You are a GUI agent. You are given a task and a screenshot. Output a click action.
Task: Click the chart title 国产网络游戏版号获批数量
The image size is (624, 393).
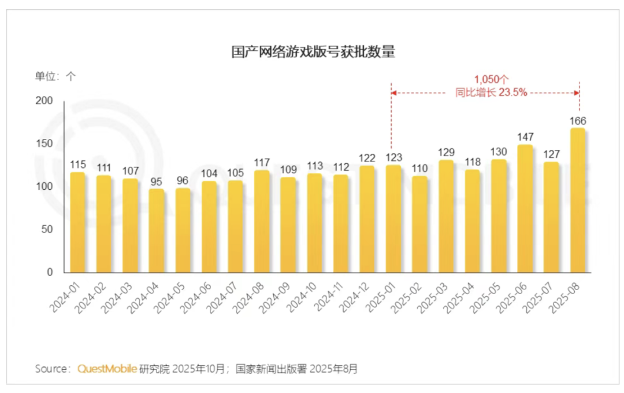point(313,52)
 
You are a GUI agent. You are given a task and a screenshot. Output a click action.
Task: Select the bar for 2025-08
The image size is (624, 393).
point(578,200)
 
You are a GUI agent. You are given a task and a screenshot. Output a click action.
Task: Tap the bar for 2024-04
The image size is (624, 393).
point(157,230)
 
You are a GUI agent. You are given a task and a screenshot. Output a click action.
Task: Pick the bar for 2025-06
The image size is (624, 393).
point(525,208)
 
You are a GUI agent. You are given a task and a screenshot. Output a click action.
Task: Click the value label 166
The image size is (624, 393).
point(578,121)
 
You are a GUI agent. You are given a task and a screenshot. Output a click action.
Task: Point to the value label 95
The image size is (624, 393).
point(157,182)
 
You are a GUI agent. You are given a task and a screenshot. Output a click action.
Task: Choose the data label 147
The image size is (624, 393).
point(525,137)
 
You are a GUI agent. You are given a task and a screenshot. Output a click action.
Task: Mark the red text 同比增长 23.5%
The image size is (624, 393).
point(491,92)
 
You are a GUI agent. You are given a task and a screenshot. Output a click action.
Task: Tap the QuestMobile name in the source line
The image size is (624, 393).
point(107,369)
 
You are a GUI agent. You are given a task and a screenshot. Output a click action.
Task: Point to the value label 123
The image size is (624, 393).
point(393,157)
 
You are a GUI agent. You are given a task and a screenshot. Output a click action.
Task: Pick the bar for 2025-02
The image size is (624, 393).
point(420,224)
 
